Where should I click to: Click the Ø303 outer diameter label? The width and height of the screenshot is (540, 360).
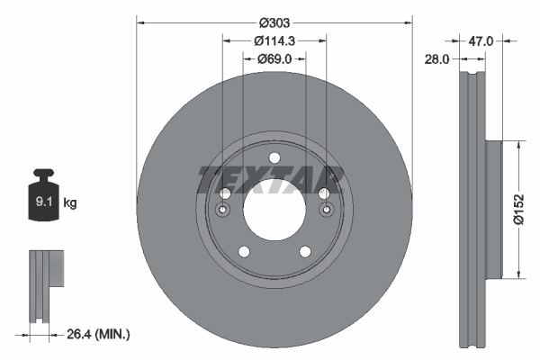click(274, 22)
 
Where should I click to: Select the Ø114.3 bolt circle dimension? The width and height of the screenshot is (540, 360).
click(274, 40)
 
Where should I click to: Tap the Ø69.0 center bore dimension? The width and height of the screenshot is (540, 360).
click(274, 58)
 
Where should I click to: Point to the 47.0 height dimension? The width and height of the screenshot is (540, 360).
click(485, 40)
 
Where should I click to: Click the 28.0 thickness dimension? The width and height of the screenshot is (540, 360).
click(438, 58)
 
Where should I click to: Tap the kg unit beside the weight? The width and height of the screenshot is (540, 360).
click(71, 203)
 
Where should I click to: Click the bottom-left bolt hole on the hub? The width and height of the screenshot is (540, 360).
click(243, 252)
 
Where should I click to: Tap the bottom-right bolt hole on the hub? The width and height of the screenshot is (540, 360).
click(304, 252)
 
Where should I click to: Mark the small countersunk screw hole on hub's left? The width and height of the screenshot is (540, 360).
click(221, 211)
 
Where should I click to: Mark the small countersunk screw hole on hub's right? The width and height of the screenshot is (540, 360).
click(326, 211)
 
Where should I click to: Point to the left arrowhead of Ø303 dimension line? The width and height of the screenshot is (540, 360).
click(139, 22)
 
